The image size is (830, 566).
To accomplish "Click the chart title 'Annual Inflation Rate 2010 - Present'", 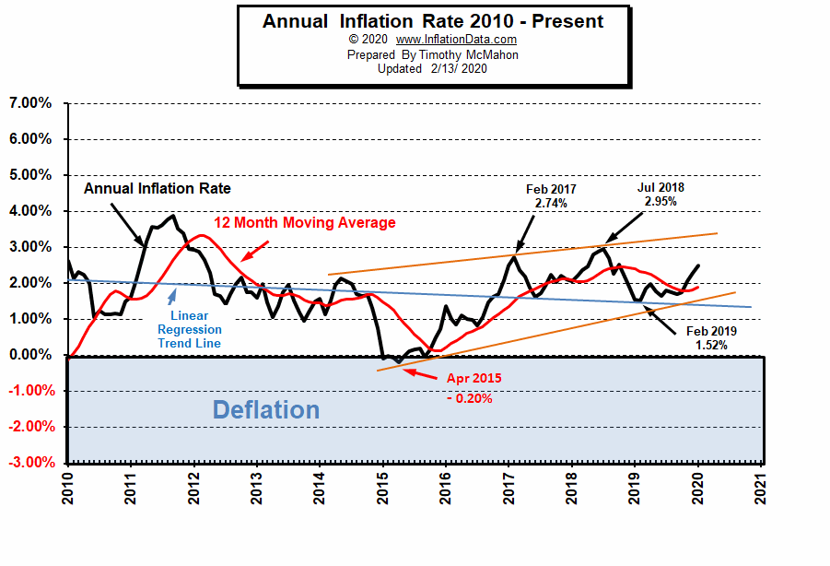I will [x=433, y=21].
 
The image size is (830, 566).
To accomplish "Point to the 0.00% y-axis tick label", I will [x=30, y=355].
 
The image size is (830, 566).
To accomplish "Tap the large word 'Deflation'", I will [x=266, y=409].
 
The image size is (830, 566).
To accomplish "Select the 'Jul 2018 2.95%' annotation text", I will [x=660, y=195].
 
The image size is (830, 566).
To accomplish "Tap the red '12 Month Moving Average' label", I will [x=305, y=223].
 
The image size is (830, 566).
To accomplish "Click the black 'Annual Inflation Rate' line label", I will [x=158, y=188].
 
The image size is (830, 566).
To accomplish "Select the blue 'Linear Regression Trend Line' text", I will [x=189, y=329].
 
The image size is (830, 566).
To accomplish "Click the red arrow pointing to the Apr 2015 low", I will [x=421, y=372].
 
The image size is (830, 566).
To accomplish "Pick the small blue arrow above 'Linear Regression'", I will [x=171, y=297].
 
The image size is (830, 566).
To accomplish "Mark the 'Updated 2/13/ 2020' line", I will [x=432, y=69].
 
